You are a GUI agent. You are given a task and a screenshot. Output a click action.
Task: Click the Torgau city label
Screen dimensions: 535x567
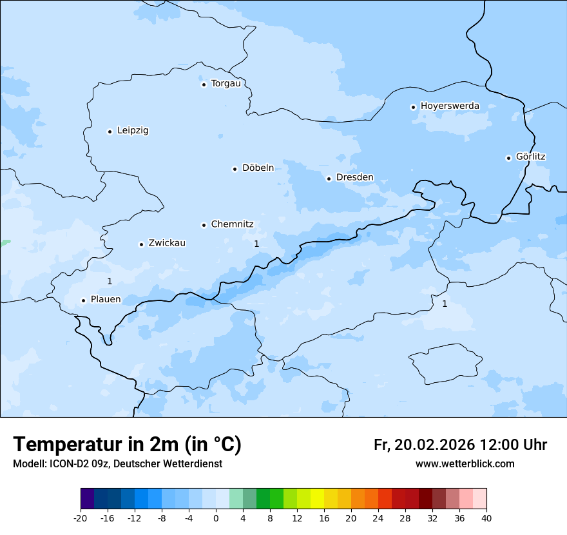click(x=226, y=84)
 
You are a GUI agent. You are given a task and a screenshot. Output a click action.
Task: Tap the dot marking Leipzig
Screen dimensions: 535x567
click(x=110, y=131)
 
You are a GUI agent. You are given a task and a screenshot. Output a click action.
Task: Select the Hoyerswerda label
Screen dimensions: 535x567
click(x=450, y=106)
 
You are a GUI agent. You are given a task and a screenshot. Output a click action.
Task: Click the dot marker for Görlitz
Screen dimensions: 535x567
click(x=508, y=158)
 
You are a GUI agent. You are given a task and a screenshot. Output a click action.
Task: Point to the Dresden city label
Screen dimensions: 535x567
click(x=354, y=177)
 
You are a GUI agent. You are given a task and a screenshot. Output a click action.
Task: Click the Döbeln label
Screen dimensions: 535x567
click(x=258, y=168)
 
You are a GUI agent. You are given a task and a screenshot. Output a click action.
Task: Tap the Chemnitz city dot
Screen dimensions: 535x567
click(x=204, y=225)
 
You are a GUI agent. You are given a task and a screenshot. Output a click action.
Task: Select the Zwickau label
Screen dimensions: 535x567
click(x=167, y=243)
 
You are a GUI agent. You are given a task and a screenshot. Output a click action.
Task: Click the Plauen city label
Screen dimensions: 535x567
click(x=106, y=300)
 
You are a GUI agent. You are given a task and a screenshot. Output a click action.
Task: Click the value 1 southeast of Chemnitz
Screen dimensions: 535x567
click(x=256, y=244)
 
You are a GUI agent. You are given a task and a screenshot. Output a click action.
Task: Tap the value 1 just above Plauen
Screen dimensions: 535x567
click(x=110, y=281)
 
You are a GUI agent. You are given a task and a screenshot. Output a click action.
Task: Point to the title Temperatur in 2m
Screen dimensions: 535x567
click(x=127, y=444)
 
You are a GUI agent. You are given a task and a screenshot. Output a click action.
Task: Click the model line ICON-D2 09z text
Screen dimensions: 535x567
click(x=117, y=463)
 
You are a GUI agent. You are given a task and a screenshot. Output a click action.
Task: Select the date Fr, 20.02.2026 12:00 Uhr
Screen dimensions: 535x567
click(x=460, y=445)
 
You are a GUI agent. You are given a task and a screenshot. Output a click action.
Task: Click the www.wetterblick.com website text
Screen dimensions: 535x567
click(x=465, y=463)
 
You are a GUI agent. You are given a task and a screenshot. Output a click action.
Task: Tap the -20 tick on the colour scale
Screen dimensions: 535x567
click(x=81, y=518)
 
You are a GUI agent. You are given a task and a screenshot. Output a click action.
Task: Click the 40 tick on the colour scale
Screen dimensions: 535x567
click(x=486, y=518)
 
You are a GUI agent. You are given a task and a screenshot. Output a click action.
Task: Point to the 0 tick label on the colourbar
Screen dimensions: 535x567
click(x=216, y=518)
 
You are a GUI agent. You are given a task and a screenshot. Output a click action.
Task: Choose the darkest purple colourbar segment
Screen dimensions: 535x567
click(x=87, y=499)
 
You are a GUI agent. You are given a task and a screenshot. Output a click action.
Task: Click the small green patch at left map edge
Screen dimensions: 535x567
click(x=5, y=243)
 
